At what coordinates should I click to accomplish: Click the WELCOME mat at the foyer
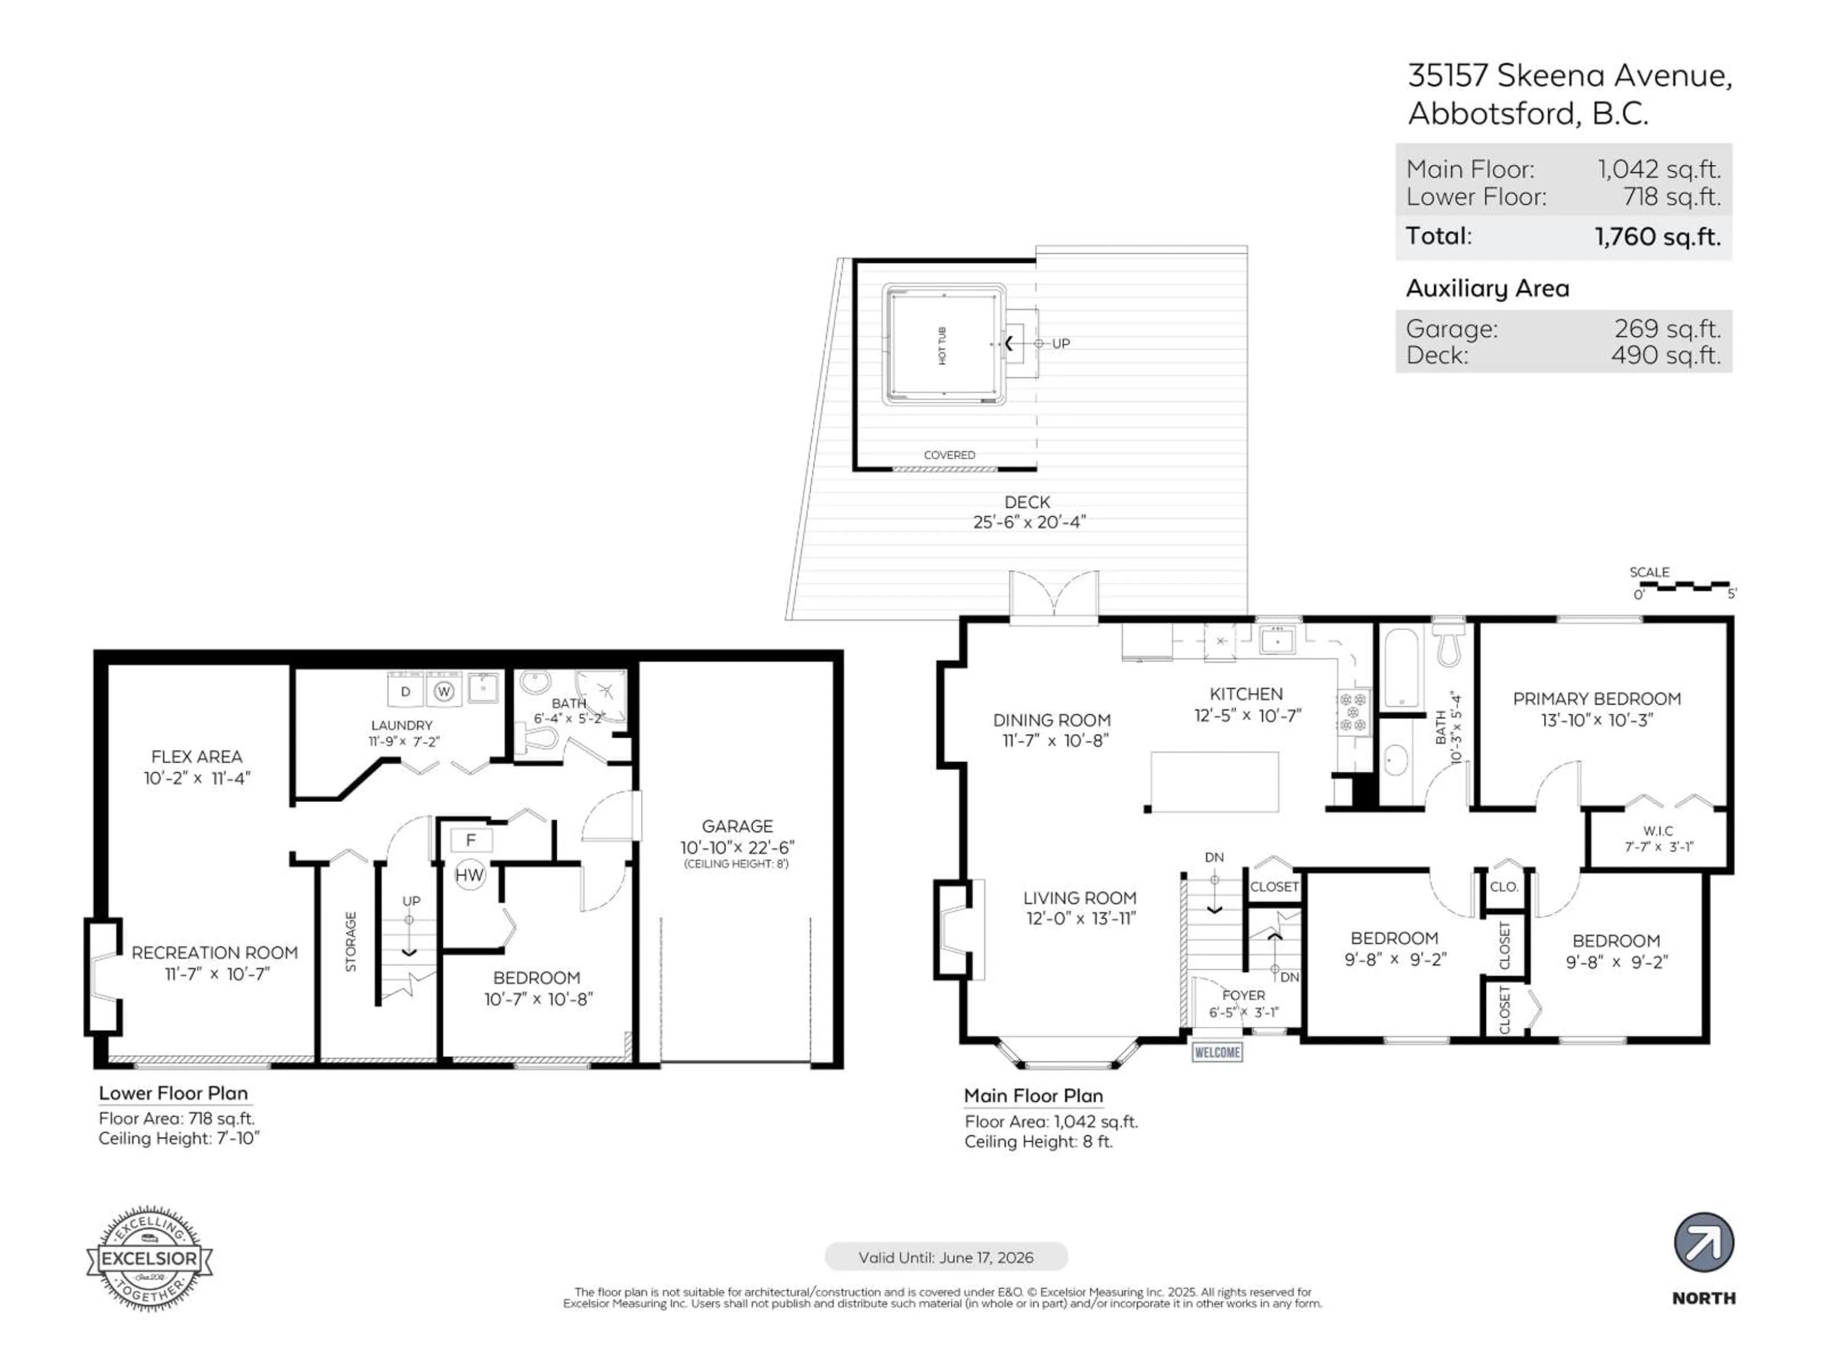pyautogui.click(x=1217, y=1052)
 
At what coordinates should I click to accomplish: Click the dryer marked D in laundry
pyautogui.click(x=405, y=691)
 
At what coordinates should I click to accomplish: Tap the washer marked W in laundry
pyautogui.click(x=444, y=691)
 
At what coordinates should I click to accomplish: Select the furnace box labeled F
pyautogui.click(x=471, y=840)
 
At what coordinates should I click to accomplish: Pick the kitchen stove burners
pyautogui.click(x=1352, y=712)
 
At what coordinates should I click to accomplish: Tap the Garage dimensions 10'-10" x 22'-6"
pyautogui.click(x=737, y=847)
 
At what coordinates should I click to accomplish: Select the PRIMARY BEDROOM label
pyautogui.click(x=1596, y=698)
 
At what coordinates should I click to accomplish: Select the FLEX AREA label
pyautogui.click(x=197, y=756)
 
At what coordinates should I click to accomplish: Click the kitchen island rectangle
pyautogui.click(x=1214, y=781)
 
